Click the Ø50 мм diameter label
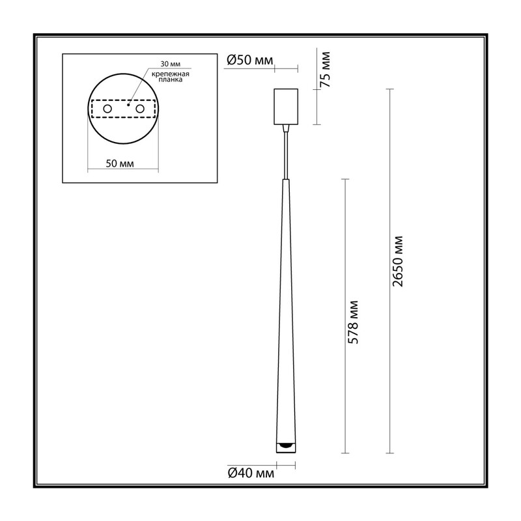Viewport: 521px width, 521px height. [x=249, y=60]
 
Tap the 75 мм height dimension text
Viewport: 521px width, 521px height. [x=324, y=70]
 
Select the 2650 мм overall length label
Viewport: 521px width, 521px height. [x=397, y=261]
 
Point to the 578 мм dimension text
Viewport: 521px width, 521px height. [x=352, y=322]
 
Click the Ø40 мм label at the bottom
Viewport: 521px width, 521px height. [x=251, y=473]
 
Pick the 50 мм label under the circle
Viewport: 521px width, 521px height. [x=120, y=163]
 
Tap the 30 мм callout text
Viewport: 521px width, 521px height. [x=171, y=64]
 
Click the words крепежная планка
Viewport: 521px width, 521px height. [x=171, y=77]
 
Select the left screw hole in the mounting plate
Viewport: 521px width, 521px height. [x=107, y=109]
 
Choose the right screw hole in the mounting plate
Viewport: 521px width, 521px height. [x=140, y=109]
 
